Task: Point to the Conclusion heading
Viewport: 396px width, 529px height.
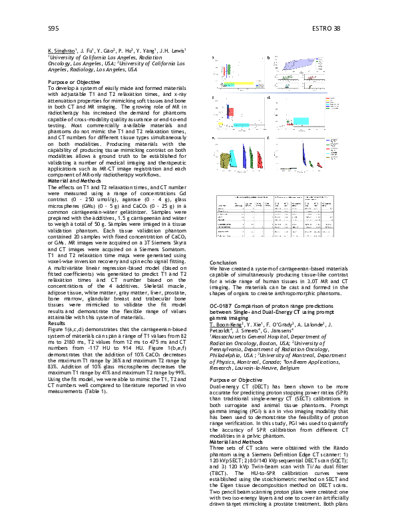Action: point(224,263)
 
